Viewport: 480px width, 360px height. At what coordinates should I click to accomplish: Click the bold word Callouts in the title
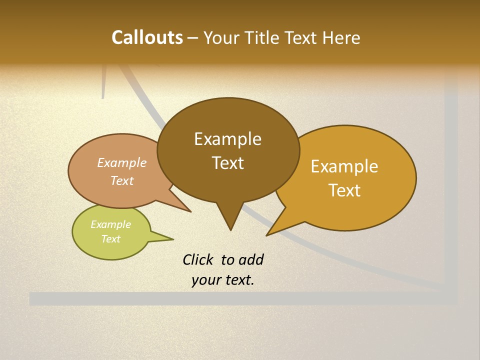pos(147,37)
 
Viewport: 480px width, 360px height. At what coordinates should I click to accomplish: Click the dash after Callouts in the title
pos(193,38)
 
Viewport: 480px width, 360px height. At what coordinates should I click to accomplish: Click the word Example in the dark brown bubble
pos(227,139)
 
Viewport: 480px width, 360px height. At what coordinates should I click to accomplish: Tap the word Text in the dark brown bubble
pos(227,163)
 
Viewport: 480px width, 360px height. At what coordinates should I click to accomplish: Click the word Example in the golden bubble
pos(344,166)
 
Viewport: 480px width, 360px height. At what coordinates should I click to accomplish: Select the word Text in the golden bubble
pos(344,190)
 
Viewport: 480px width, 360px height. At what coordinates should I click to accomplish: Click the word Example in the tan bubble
pos(121,163)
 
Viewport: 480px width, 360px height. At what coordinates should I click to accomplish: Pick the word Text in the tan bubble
pos(121,180)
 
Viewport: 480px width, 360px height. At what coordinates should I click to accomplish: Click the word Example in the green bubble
pos(110,224)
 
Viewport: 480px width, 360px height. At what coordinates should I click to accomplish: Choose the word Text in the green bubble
pos(110,239)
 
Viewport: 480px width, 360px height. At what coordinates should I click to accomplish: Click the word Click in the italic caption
pos(198,259)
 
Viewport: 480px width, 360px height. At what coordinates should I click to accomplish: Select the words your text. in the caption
pos(222,280)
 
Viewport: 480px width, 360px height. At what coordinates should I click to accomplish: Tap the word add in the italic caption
pos(250,259)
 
